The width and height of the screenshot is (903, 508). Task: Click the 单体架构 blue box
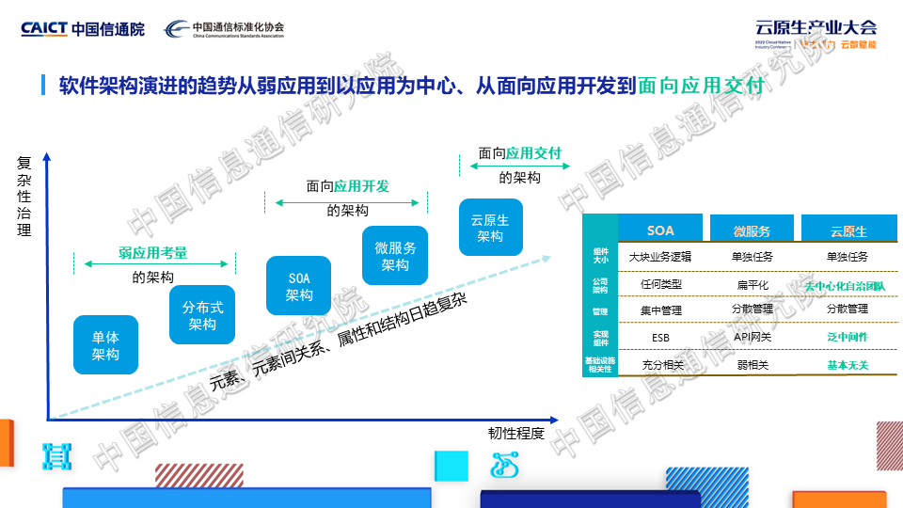pos(105,345)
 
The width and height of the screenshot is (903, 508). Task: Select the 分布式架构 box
pos(202,315)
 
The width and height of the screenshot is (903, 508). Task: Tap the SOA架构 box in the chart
pos(299,286)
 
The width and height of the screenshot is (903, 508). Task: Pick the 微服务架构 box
pos(395,256)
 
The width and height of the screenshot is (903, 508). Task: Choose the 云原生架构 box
pos(490,228)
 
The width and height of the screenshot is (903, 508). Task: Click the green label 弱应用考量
pos(152,253)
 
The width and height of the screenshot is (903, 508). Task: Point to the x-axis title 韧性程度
pos(515,433)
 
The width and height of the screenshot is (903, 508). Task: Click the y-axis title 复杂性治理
pos(25,196)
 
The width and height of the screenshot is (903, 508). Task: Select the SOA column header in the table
pos(660,230)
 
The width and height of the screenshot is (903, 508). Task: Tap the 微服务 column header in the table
pos(752,230)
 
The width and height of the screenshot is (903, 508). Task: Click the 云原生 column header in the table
pos(848,230)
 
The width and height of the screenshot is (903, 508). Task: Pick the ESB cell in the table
pos(660,337)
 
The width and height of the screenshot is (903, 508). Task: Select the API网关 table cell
pos(752,336)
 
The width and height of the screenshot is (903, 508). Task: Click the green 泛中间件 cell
pos(848,336)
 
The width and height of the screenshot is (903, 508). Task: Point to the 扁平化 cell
pos(752,283)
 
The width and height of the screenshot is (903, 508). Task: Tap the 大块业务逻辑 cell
pos(660,257)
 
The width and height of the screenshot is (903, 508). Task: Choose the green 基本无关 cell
pos(848,364)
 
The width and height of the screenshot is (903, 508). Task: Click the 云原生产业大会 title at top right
pos(816,27)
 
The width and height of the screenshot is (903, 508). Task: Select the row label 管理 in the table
pos(600,310)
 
